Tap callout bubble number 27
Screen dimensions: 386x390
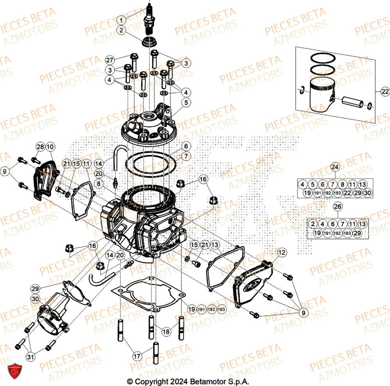click(110, 60)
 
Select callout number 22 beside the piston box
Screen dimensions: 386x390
click(385, 92)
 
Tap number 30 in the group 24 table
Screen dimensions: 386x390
click(367, 193)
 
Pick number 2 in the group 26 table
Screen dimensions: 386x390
click(313, 224)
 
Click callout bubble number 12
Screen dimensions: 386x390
click(281, 253)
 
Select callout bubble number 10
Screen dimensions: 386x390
click(50, 147)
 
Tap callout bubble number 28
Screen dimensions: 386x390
click(40, 147)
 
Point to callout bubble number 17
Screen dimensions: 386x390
click(136, 356)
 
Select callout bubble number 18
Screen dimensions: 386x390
click(167, 332)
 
